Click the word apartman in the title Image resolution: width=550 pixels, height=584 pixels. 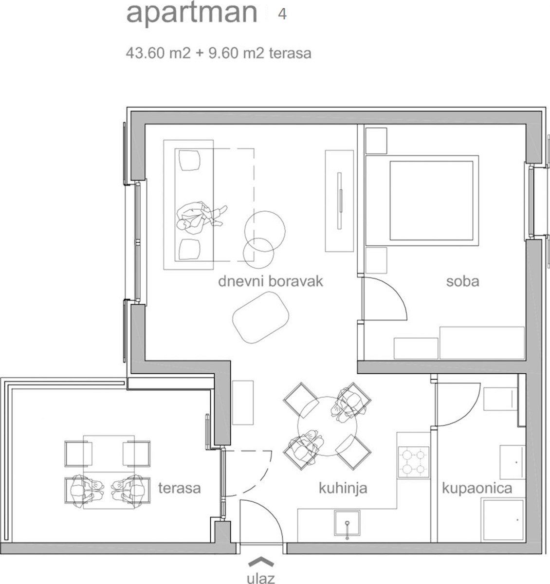(x=191, y=14)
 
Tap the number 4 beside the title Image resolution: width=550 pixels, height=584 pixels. (x=282, y=14)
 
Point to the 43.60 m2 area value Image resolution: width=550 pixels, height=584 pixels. (x=157, y=53)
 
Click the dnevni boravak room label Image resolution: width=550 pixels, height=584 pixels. (x=270, y=281)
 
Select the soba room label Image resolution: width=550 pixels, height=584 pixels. (x=462, y=281)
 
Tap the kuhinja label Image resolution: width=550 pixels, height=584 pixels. (x=343, y=488)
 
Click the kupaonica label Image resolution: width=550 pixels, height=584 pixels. (x=477, y=488)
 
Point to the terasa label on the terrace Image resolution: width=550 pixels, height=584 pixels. (x=179, y=488)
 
